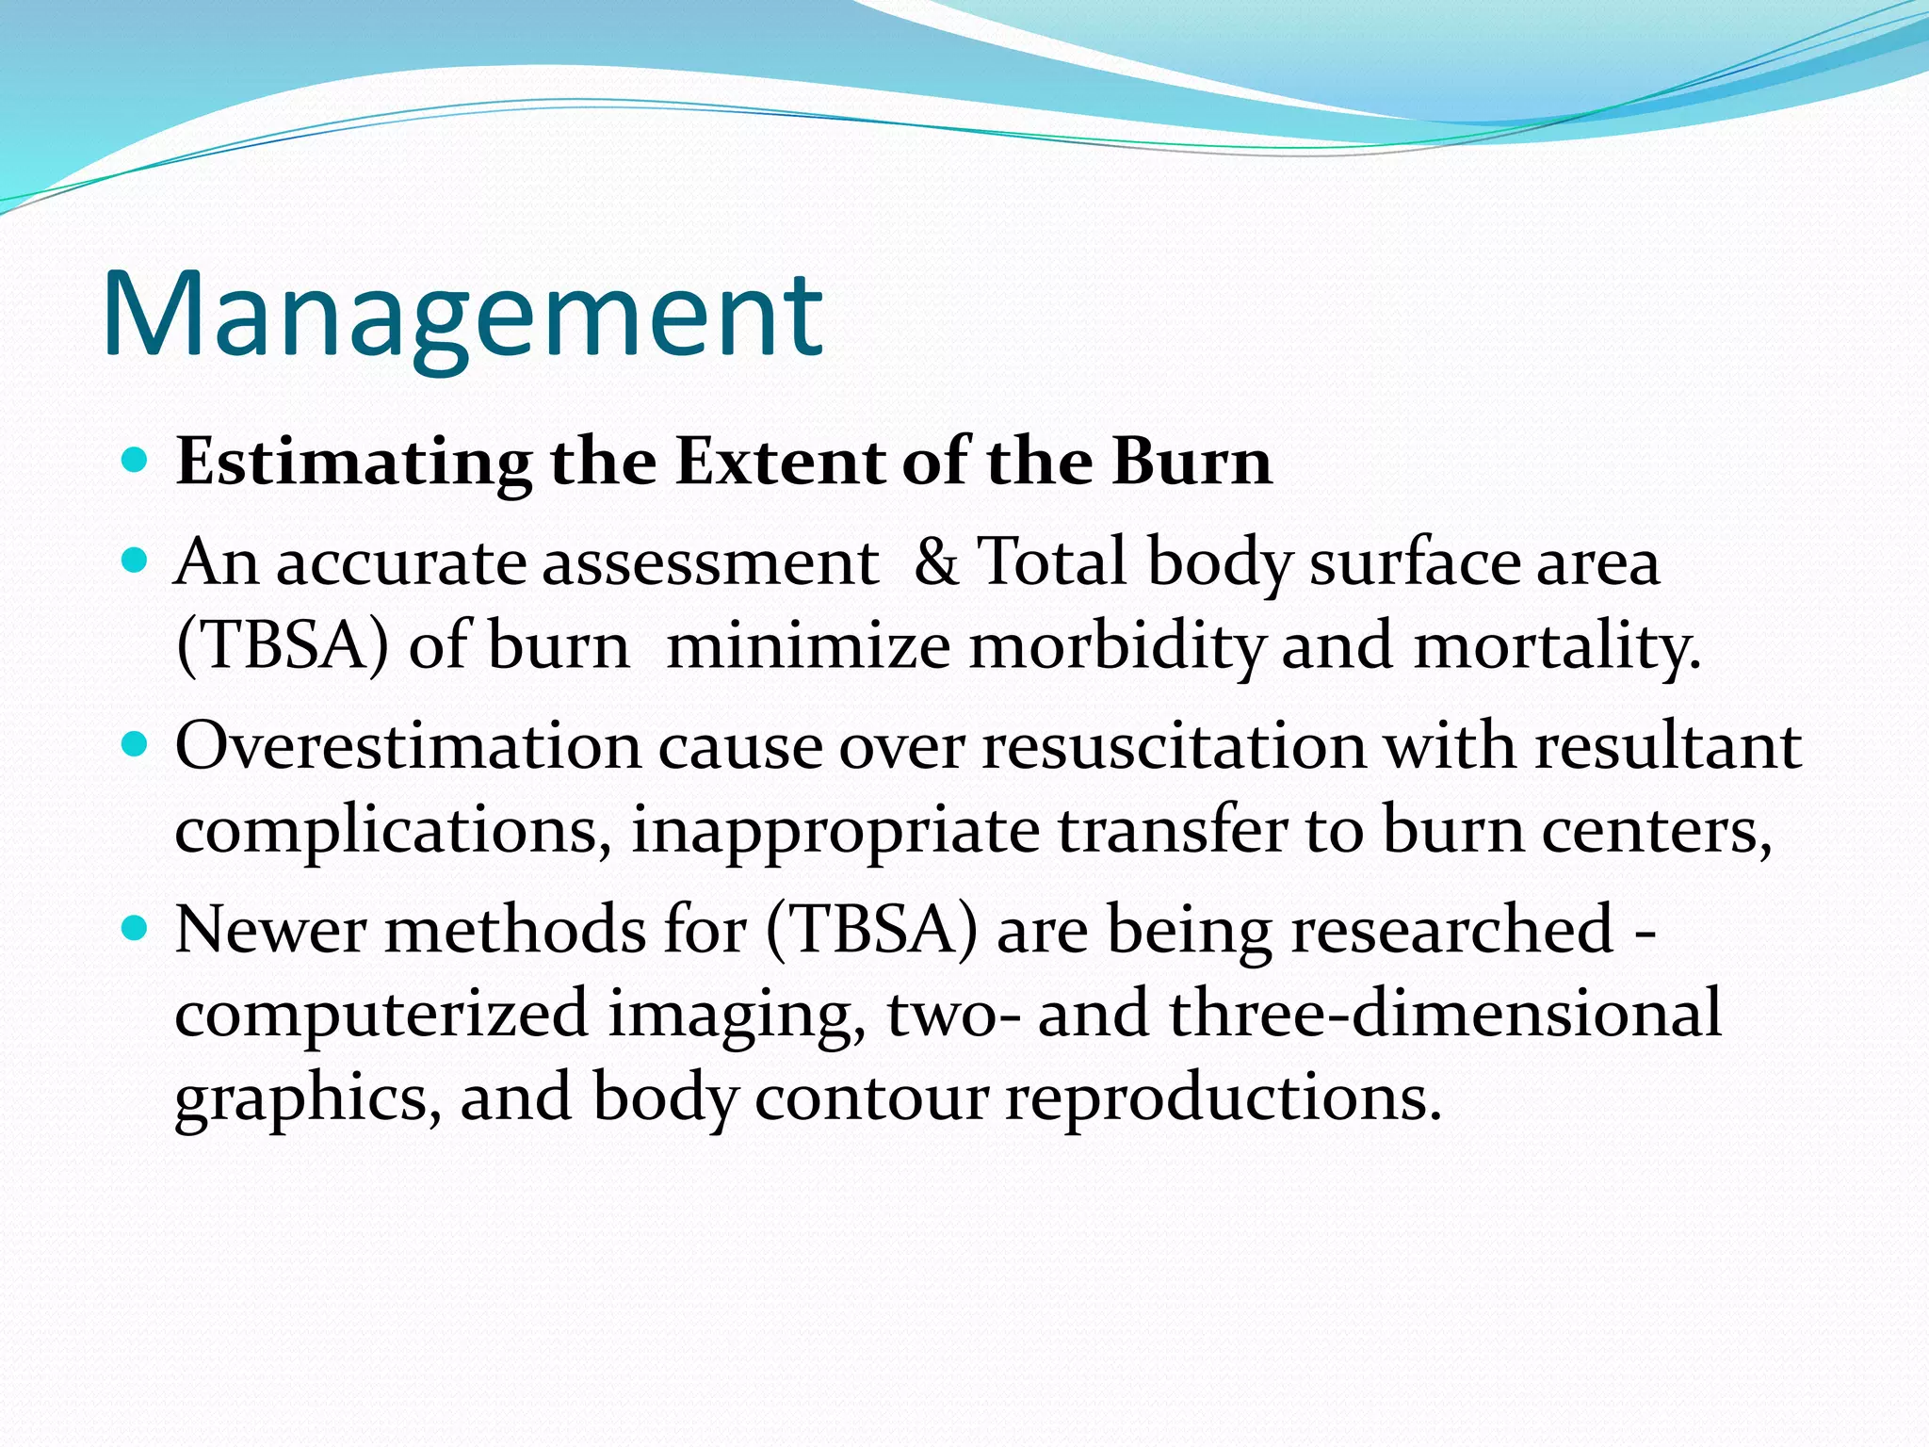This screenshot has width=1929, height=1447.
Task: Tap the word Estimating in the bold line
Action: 353,463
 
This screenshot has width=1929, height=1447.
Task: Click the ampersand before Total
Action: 935,562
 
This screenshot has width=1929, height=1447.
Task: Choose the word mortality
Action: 1556,648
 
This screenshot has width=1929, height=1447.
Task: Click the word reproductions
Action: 1223,1098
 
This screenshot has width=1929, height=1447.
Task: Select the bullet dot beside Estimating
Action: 137,461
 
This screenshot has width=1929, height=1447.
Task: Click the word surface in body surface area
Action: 1414,562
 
